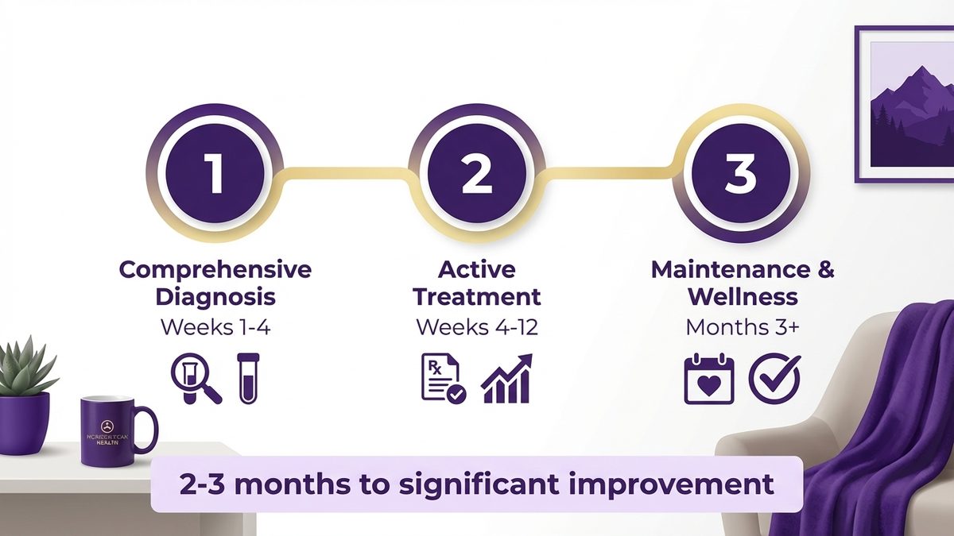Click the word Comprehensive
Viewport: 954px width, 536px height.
click(x=215, y=269)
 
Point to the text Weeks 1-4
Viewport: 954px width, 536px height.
click(x=215, y=326)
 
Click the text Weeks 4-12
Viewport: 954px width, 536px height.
click(x=477, y=326)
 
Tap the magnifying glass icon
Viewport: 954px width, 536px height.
click(x=195, y=380)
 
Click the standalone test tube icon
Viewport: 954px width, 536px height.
click(x=248, y=378)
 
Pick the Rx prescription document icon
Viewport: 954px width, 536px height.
click(x=442, y=379)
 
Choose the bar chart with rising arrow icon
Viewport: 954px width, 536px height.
click(x=506, y=379)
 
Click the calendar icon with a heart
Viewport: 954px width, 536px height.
click(x=708, y=379)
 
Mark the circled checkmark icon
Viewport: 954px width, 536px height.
click(x=774, y=379)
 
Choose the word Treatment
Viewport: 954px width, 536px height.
click(x=477, y=298)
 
